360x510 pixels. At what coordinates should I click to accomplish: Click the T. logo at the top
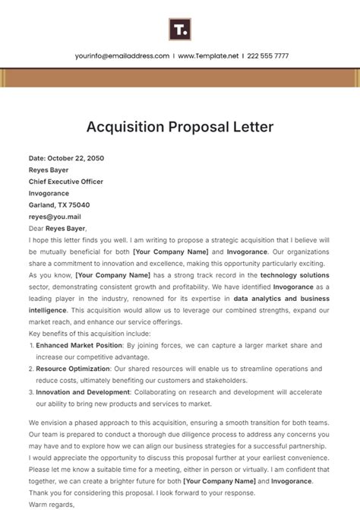(x=179, y=30)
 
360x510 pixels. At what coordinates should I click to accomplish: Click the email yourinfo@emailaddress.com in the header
(x=122, y=56)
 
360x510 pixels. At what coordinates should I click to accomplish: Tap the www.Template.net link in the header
(x=209, y=56)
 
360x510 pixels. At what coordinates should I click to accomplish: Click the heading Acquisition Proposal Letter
(x=180, y=126)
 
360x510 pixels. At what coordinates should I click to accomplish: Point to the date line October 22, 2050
(x=66, y=159)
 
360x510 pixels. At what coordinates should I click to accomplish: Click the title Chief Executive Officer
(x=66, y=182)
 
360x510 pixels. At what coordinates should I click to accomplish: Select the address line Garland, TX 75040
(x=59, y=205)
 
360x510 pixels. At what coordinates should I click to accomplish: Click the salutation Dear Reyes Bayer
(x=58, y=228)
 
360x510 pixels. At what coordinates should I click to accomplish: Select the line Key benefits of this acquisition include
(x=90, y=333)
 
